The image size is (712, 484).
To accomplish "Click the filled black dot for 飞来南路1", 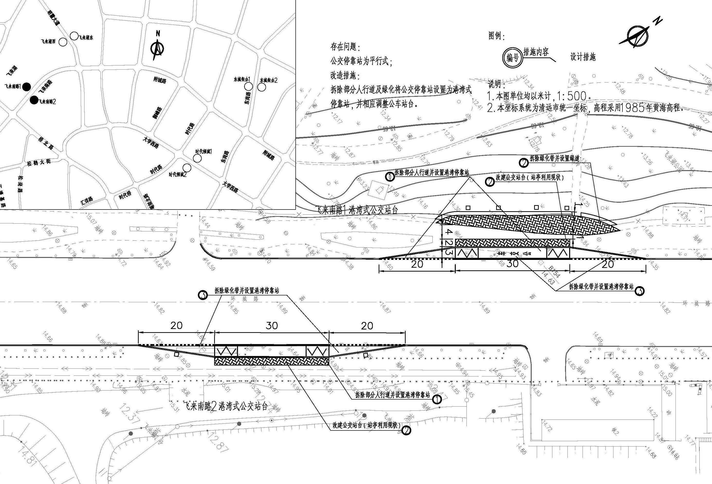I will [27, 87].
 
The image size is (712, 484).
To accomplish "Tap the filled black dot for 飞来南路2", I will [34, 100].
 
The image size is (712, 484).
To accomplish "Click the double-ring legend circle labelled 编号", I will [512, 57].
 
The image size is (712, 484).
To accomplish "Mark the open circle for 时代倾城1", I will [198, 158].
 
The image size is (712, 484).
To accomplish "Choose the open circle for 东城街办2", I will [261, 87].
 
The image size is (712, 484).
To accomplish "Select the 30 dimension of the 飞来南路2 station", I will [272, 325].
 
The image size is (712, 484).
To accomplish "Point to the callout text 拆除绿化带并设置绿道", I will [555, 158].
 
